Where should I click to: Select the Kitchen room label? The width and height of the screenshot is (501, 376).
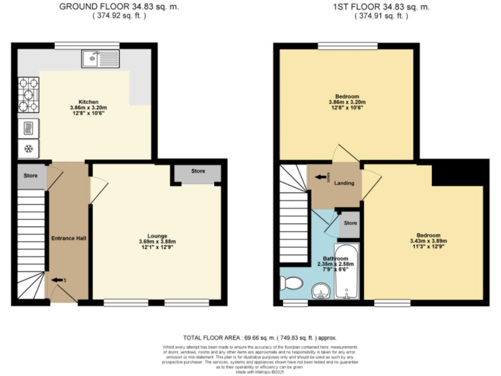tap(89, 102)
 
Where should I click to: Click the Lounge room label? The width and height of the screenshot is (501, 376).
tap(157, 236)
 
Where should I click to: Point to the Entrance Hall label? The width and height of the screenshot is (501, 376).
tap(68, 238)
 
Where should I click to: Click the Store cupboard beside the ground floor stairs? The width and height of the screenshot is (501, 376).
tap(31, 176)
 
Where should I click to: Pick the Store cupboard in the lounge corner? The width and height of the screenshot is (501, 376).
tap(198, 172)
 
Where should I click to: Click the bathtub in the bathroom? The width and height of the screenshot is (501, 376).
tap(346, 272)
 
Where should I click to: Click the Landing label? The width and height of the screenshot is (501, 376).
tap(344, 183)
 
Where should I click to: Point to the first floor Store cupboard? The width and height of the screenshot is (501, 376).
tap(350, 223)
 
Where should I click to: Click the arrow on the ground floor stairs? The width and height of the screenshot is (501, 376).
tap(58, 281)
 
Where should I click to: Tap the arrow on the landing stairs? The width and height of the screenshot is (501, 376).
tap(320, 176)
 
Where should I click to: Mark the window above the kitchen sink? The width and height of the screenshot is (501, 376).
tap(83, 44)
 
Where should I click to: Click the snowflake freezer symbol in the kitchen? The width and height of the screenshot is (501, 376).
tap(29, 148)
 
